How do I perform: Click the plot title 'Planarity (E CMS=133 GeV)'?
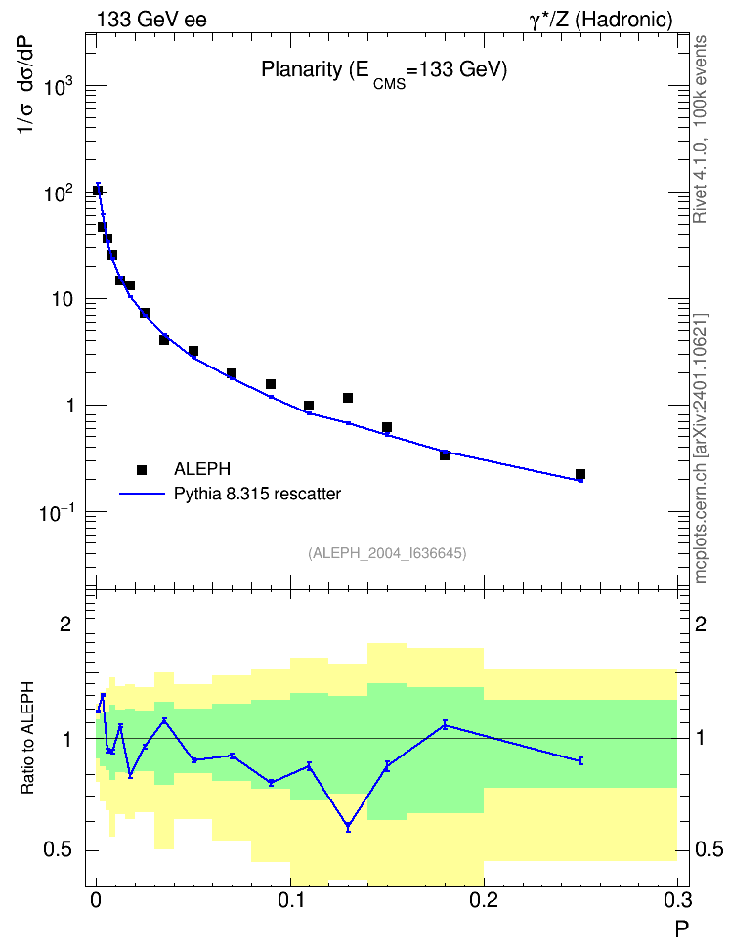(x=384, y=72)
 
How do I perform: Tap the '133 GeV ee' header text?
(x=151, y=20)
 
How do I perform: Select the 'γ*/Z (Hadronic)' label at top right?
(x=601, y=21)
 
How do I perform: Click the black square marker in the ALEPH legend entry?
(x=142, y=469)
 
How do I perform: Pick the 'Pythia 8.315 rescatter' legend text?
(x=258, y=494)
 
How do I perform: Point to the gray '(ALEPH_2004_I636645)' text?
(x=387, y=553)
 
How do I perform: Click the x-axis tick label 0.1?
(x=291, y=900)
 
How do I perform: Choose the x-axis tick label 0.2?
(x=484, y=900)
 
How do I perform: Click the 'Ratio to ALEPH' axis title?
(x=27, y=737)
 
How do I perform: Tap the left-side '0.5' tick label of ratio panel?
(x=59, y=850)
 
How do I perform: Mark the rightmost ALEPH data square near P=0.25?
(x=580, y=474)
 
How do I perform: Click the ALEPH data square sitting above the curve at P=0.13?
(x=348, y=398)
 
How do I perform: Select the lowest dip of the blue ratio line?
(x=348, y=827)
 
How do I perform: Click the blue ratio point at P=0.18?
(x=445, y=724)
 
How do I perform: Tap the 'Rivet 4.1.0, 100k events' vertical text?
(x=700, y=129)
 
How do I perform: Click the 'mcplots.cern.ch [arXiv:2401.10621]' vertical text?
(x=701, y=449)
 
